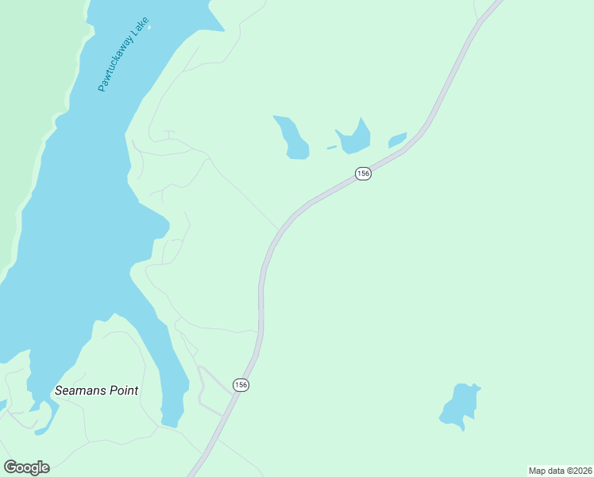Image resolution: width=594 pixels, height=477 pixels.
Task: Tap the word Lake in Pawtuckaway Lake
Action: click(140, 29)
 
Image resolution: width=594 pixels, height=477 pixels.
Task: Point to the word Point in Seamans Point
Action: click(123, 390)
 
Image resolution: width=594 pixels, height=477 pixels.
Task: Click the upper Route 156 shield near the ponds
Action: click(363, 173)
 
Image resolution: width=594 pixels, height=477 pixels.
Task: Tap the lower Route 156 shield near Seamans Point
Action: click(241, 385)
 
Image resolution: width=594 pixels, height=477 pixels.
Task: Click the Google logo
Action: click(26, 467)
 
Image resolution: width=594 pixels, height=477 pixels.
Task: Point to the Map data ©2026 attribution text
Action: click(560, 471)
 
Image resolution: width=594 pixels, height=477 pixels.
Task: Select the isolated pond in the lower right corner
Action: click(459, 405)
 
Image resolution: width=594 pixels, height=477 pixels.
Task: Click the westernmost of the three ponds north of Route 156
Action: click(292, 138)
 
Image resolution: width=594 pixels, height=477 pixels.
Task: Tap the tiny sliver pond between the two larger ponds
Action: click(331, 147)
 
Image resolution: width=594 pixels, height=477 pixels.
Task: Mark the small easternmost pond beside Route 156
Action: click(397, 140)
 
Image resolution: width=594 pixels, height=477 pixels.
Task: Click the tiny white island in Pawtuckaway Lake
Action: click(148, 25)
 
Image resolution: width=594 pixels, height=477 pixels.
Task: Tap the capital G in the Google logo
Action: click(10, 467)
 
